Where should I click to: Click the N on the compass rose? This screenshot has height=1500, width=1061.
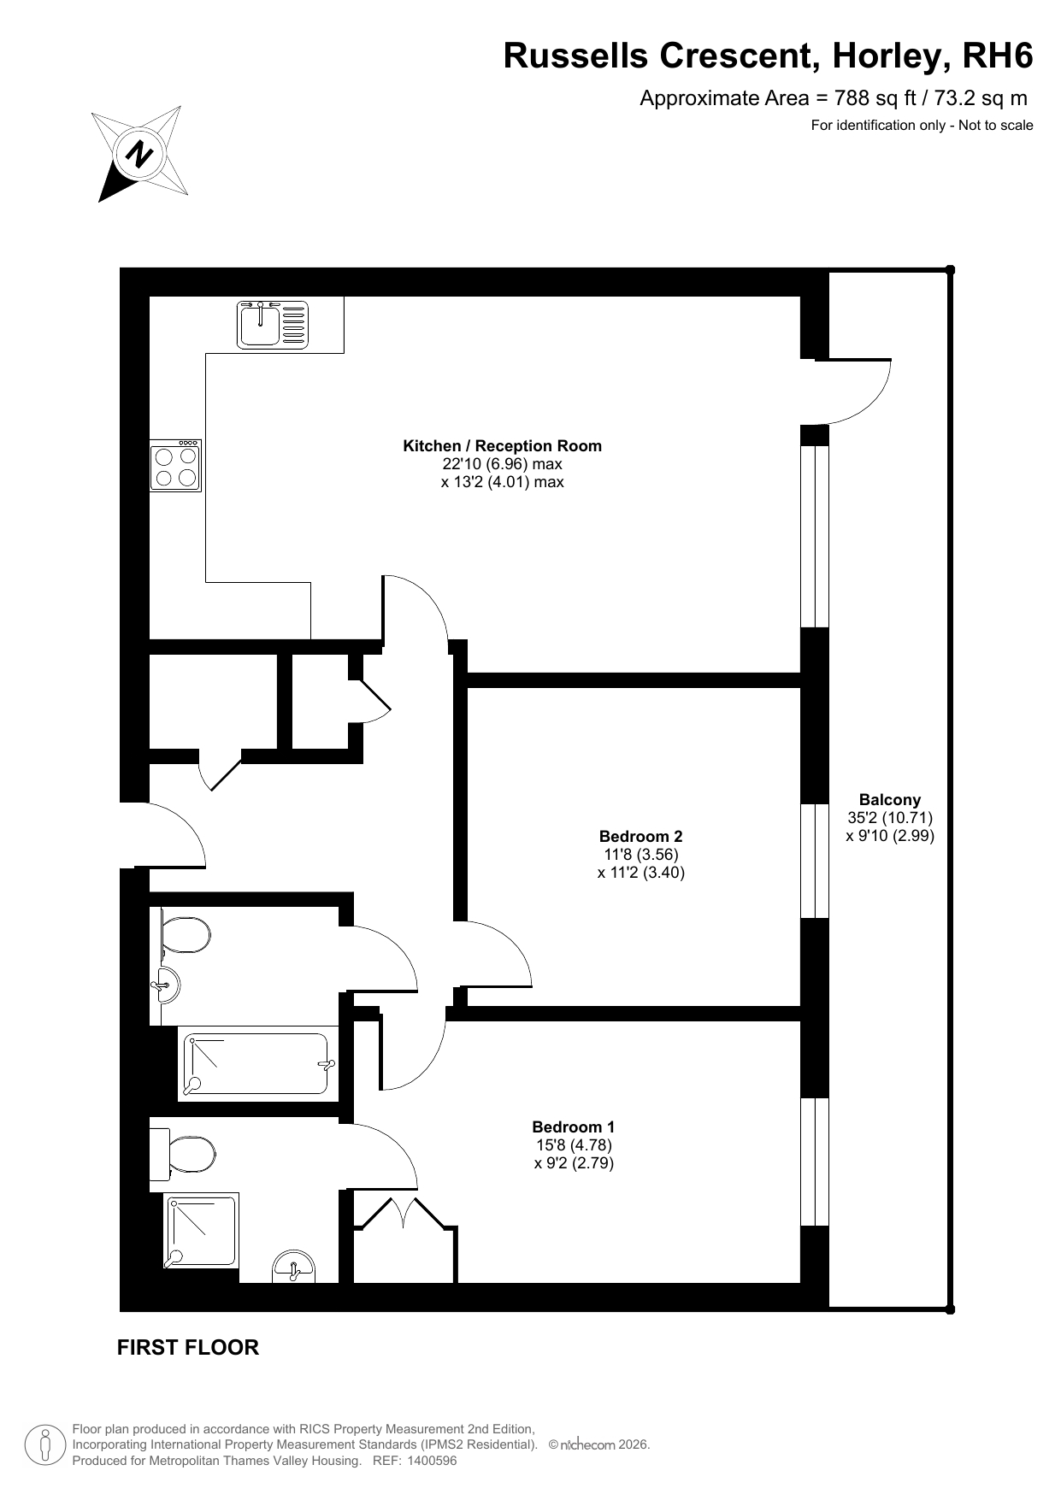139,154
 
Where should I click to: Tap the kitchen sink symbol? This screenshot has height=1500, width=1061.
272,324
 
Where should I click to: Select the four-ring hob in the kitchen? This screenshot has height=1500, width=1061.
176,466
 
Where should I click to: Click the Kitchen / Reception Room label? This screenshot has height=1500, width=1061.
502,445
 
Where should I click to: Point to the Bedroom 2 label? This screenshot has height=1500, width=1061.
640,836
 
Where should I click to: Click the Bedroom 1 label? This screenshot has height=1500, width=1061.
573,1126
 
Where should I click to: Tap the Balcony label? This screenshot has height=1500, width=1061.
890,799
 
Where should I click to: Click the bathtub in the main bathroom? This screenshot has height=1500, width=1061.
255,1064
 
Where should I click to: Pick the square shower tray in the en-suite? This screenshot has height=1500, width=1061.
202,1232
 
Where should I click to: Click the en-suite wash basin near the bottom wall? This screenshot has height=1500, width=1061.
293,1267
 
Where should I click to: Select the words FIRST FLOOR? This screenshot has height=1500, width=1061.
188,1347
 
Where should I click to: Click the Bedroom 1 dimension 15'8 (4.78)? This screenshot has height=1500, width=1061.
573,1144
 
